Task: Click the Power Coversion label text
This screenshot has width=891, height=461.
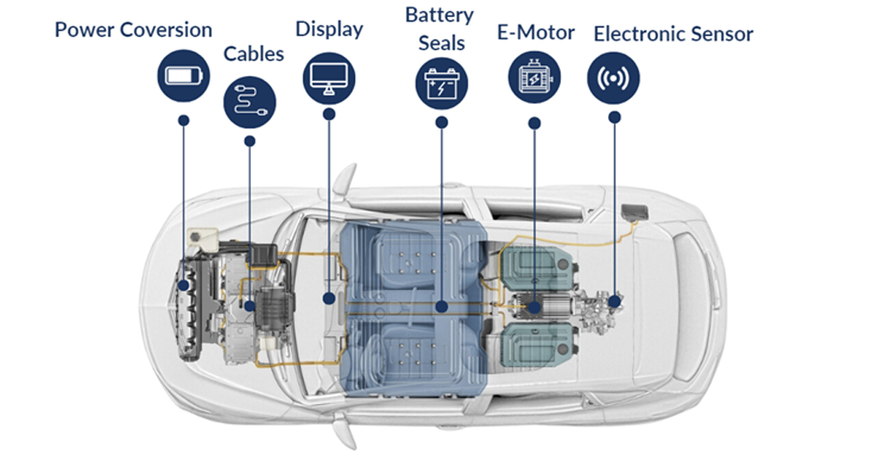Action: tap(133, 31)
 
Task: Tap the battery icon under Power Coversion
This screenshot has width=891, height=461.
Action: tap(183, 76)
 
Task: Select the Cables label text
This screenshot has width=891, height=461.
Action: tap(253, 54)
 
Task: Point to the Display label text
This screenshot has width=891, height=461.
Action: tap(329, 29)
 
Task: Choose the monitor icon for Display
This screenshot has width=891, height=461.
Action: tap(329, 78)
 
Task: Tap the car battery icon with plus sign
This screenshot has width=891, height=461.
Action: tap(441, 83)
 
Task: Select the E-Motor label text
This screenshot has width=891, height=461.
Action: tap(535, 34)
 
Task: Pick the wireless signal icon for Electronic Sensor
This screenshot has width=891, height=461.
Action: tap(613, 78)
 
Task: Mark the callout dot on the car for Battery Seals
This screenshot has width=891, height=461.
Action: tap(441, 306)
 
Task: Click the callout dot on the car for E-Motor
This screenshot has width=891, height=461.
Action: tap(535, 306)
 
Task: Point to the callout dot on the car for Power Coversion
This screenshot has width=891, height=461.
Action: tap(183, 285)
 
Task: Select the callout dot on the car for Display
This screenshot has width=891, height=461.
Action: tap(328, 299)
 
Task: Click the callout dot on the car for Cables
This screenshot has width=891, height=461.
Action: tap(249, 306)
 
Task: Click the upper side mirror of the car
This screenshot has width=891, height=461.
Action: tap(345, 177)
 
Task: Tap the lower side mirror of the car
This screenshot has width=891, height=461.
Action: tap(345, 433)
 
